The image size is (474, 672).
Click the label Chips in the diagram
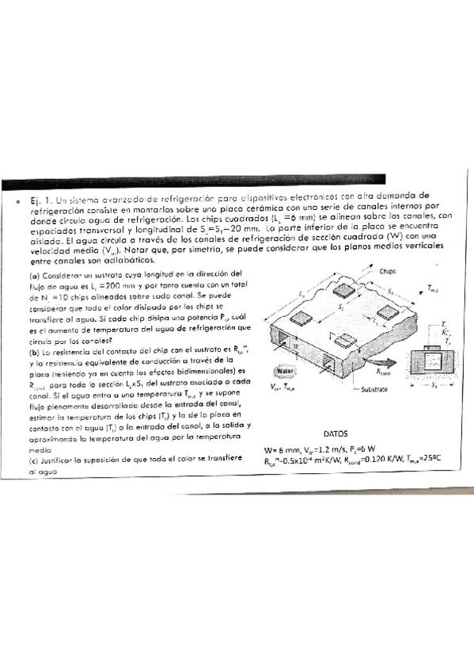pyautogui.click(x=387, y=271)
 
